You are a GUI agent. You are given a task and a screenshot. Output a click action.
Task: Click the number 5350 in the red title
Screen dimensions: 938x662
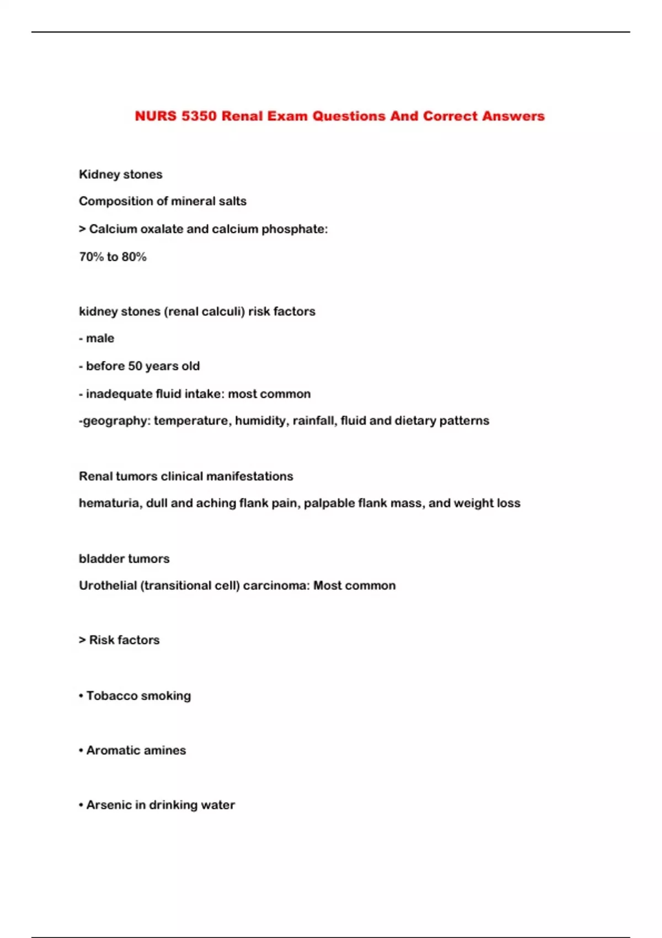pyautogui.click(x=199, y=116)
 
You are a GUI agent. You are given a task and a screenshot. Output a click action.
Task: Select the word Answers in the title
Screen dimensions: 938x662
pyautogui.click(x=513, y=116)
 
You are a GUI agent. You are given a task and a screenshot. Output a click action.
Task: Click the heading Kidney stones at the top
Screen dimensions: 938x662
pyautogui.click(x=120, y=174)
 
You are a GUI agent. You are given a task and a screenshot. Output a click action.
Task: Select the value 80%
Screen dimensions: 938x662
pyautogui.click(x=134, y=257)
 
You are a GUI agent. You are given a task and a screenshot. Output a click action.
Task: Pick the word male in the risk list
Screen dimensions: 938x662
pyautogui.click(x=100, y=338)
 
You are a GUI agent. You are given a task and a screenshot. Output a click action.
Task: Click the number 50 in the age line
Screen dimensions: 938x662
pyautogui.click(x=135, y=366)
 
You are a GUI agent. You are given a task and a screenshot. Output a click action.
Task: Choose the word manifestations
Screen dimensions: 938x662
pyautogui.click(x=248, y=476)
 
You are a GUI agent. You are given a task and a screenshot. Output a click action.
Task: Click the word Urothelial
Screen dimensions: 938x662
pyautogui.click(x=108, y=585)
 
